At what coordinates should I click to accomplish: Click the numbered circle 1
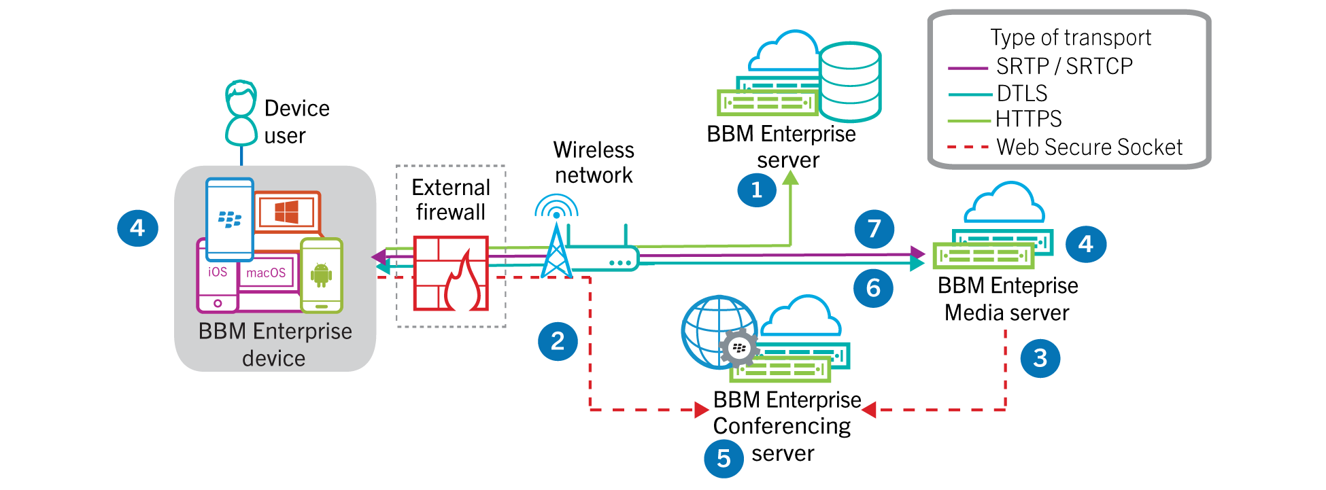click(757, 190)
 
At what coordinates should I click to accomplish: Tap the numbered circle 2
click(558, 341)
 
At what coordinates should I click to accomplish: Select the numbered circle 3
click(1040, 358)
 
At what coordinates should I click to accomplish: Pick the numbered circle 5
click(724, 459)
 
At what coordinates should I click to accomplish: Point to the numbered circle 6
click(873, 288)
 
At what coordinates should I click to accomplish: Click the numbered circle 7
click(874, 229)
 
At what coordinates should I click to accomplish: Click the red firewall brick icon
click(451, 273)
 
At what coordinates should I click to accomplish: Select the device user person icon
click(241, 113)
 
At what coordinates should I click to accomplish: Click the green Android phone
click(322, 275)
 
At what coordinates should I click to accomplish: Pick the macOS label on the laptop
click(266, 273)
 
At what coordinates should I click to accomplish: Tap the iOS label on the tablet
click(218, 272)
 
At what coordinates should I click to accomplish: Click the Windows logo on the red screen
click(286, 213)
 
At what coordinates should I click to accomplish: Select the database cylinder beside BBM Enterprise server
click(850, 82)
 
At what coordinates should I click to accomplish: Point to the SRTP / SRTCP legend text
click(1064, 67)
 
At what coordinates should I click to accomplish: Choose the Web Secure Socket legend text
click(1089, 147)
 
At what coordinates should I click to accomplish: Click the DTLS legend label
click(1022, 93)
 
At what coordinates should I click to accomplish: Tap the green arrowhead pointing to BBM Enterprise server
click(790, 178)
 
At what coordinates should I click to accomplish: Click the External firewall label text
click(451, 200)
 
